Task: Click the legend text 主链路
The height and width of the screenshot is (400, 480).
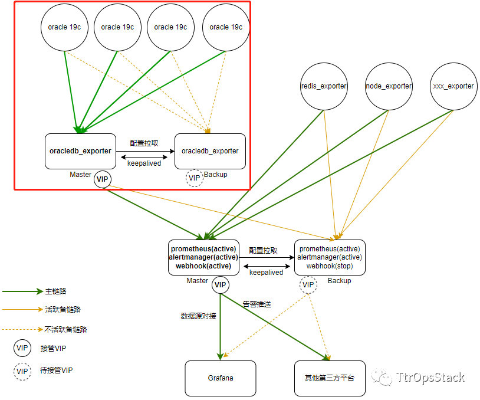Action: click(55, 291)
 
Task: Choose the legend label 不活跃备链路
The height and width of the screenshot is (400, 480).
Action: click(65, 330)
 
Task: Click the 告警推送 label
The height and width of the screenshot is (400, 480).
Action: click(257, 304)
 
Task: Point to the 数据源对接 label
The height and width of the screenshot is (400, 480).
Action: click(198, 316)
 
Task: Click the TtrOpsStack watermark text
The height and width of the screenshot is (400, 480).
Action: click(430, 378)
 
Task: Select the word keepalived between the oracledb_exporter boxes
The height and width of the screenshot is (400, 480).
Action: click(144, 163)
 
